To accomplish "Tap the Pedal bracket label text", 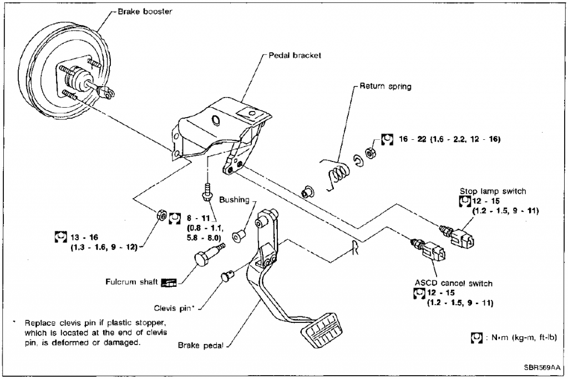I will pyautogui.click(x=295, y=55).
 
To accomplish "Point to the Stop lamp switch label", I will pyautogui.click(x=493, y=191).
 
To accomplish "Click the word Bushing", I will pyautogui.click(x=234, y=200).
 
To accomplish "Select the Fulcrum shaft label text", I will pyautogui.click(x=131, y=282).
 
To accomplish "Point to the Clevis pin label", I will pyautogui.click(x=176, y=307).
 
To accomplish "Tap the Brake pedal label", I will pyautogui.click(x=200, y=345).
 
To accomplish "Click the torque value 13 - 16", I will pyautogui.click(x=84, y=237).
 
